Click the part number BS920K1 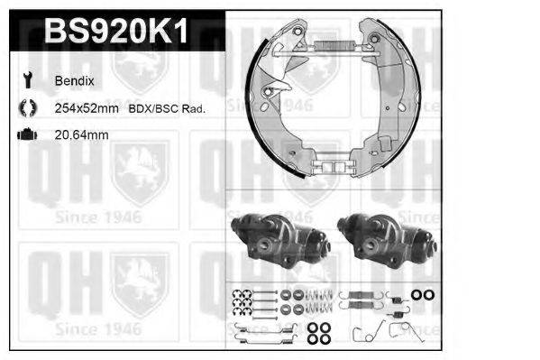[115, 32]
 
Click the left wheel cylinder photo [274, 239]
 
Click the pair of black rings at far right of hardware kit [422, 295]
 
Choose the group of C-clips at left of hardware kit [242, 301]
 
